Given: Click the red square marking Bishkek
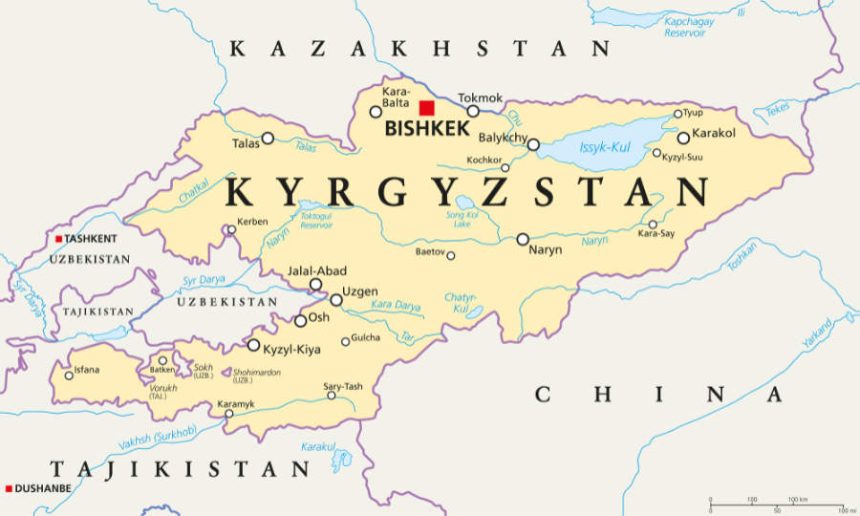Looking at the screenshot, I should coord(426,107).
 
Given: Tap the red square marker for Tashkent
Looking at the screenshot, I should coord(58,239).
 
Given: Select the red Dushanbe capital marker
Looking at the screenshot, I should coord(9,488).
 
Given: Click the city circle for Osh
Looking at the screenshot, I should coord(301,321).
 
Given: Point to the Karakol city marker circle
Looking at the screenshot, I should coord(683,138).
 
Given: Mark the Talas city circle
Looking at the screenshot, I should coord(268,138).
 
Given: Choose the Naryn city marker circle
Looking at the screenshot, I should coord(523,239).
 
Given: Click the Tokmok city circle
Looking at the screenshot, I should coord(473,111).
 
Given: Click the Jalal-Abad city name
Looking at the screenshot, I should coord(317,271).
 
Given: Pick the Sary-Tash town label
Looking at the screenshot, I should coord(342,386).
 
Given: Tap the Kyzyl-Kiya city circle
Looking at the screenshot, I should coord(253,345).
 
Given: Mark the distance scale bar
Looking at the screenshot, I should coord(776,500).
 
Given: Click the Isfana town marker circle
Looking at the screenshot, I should coord(69,375).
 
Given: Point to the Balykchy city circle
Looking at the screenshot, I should coord(533,145).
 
